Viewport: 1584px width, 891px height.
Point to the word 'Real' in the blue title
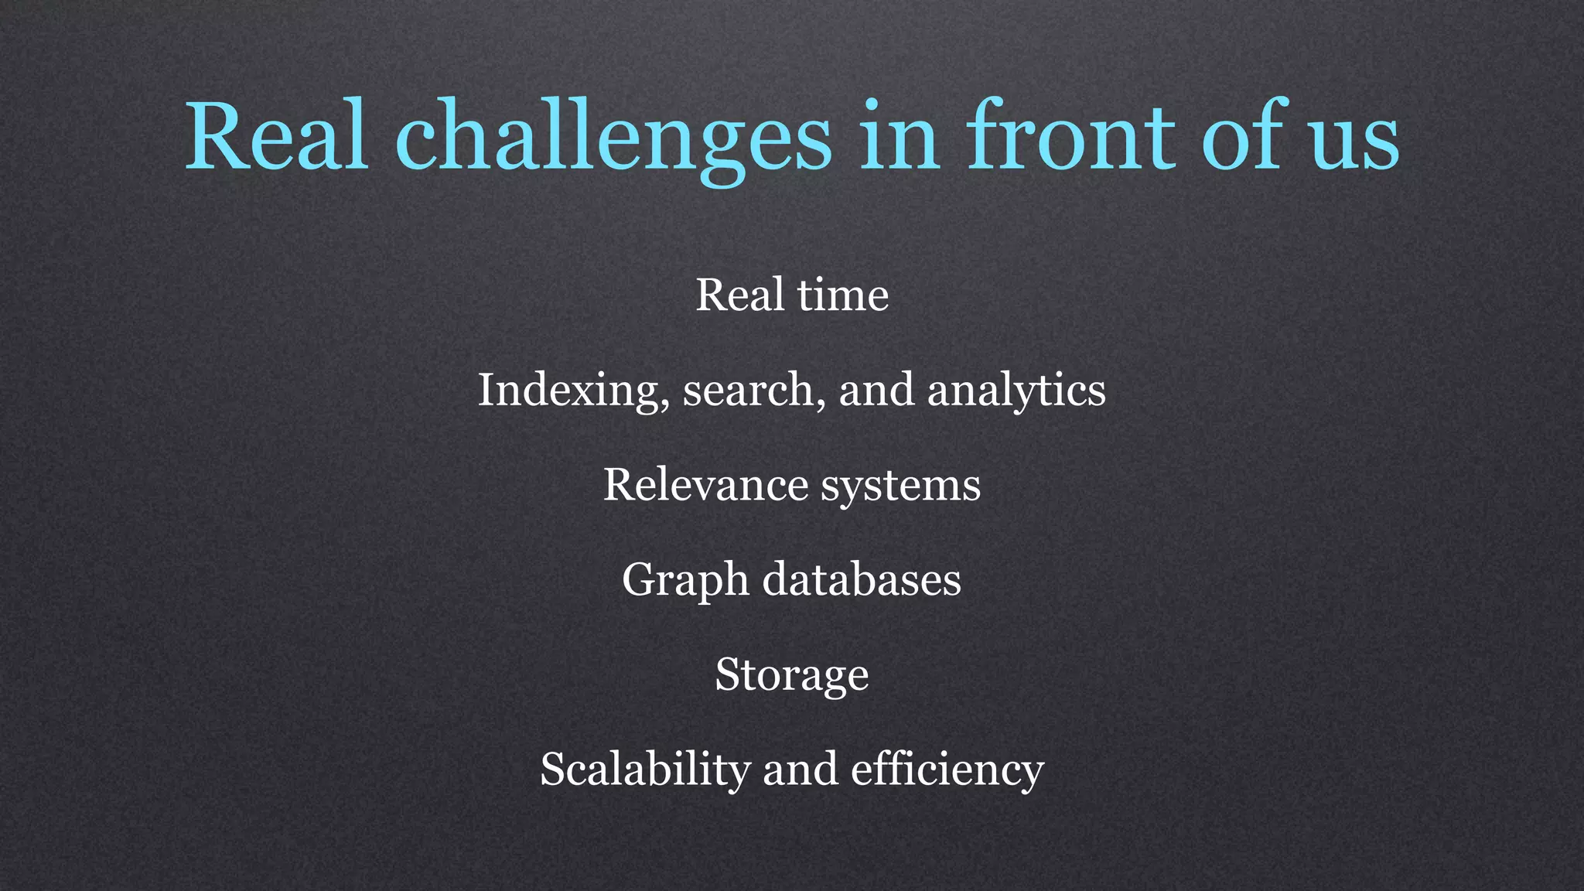(x=276, y=138)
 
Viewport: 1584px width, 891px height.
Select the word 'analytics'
(x=1016, y=391)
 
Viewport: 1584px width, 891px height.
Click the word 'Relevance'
(x=705, y=486)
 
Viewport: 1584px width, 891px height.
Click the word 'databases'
(x=862, y=580)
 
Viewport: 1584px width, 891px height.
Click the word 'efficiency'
(x=947, y=770)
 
